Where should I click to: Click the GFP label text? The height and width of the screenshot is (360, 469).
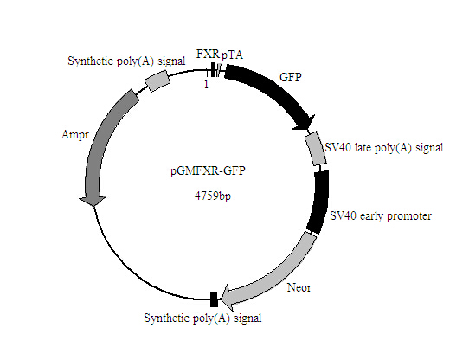[291, 76]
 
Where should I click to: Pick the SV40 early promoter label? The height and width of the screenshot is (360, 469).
[382, 215]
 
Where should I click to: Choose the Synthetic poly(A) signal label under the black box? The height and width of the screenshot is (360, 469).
[203, 318]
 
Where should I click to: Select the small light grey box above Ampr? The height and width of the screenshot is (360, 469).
[157, 80]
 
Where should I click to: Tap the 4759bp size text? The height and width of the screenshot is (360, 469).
[212, 196]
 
